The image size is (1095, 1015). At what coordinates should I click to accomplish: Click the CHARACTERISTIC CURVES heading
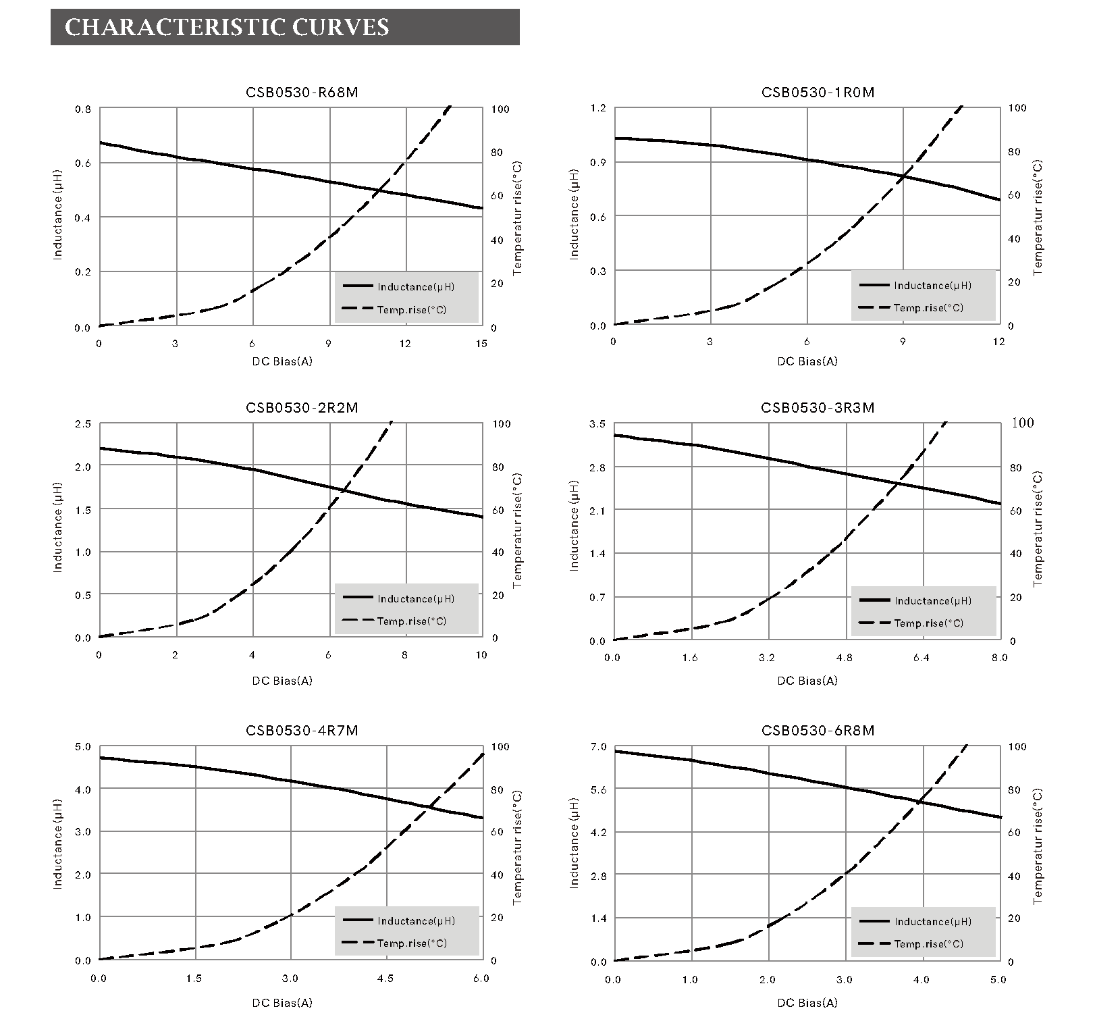[227, 27]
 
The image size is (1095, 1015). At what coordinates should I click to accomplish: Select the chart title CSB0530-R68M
[302, 93]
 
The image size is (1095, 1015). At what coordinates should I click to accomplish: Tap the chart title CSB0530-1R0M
[818, 93]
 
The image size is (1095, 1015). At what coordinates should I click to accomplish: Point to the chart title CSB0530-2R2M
[302, 408]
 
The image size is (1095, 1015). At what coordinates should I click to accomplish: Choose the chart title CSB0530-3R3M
[818, 408]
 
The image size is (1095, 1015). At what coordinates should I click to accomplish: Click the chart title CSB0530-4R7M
[302, 731]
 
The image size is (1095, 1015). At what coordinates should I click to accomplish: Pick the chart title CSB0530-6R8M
[818, 731]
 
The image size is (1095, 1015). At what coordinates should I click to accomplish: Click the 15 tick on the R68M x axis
[481, 344]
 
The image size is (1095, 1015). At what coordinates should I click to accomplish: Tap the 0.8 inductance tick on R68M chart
[82, 109]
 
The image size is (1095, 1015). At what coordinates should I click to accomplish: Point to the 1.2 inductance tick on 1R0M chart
[598, 108]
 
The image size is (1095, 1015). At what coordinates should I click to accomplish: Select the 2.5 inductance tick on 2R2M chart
[82, 424]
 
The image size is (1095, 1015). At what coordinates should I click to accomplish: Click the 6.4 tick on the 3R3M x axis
[922, 658]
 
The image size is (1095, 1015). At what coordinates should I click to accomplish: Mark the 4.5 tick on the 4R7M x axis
[385, 979]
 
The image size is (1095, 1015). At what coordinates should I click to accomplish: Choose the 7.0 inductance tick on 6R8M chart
[598, 747]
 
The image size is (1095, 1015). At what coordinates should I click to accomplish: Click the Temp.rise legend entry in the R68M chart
[411, 309]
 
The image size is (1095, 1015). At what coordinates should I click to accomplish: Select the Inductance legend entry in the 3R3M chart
[932, 601]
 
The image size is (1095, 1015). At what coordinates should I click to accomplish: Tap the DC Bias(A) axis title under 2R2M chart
[282, 681]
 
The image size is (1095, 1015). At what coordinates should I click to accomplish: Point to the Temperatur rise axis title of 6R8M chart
[1038, 846]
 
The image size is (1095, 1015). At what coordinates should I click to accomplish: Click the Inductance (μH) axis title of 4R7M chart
[58, 844]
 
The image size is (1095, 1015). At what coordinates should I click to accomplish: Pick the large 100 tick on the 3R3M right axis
[1023, 423]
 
